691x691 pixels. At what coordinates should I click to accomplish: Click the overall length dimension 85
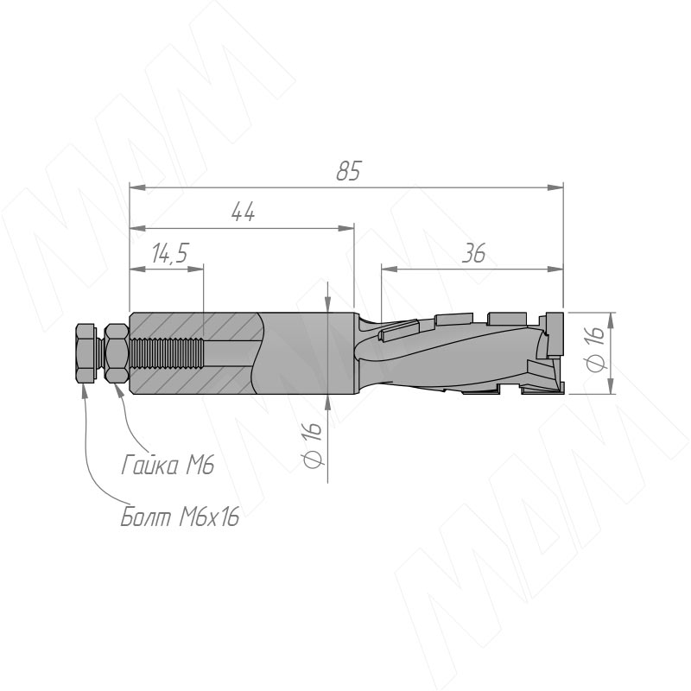pos(348,171)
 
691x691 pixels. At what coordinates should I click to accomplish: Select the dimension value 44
pos(243,212)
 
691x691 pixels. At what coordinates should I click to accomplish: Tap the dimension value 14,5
pos(170,253)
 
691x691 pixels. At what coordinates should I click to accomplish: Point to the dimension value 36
pos(473,253)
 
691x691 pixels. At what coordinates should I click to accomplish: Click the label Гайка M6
pos(168,465)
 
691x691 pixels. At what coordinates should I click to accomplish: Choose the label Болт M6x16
pos(180,516)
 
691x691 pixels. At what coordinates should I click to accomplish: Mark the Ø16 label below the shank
pos(313,445)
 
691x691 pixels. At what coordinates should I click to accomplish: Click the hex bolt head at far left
pos(86,353)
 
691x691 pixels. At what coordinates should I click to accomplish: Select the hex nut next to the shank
pos(117,353)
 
